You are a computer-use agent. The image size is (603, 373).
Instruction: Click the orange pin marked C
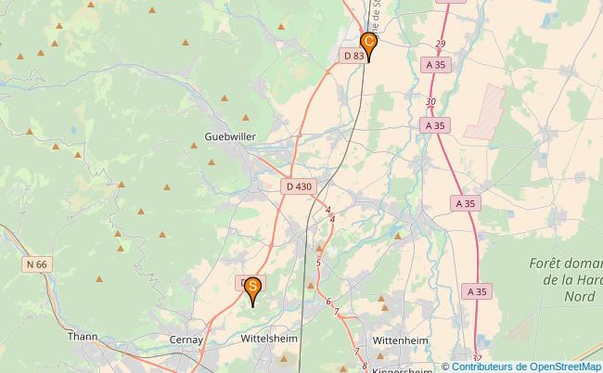[368, 44]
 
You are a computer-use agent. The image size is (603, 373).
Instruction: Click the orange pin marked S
[251, 289]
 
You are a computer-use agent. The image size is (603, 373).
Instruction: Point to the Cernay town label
[186, 341]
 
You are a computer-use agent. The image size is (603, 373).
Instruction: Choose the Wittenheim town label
[400, 341]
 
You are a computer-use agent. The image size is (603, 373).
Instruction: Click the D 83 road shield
[353, 56]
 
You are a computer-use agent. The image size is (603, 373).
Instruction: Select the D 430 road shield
[299, 186]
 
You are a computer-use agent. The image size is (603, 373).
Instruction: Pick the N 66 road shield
[36, 264]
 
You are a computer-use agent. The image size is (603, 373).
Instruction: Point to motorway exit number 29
[440, 45]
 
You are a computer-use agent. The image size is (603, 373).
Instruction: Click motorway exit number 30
[430, 102]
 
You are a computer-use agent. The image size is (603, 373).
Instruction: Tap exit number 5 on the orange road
[318, 264]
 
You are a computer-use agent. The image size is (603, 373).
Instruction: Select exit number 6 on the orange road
[328, 301]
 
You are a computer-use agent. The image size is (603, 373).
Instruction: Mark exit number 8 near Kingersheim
[366, 366]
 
